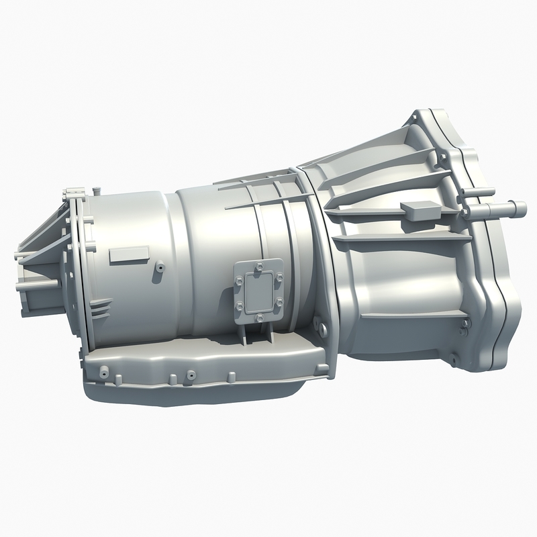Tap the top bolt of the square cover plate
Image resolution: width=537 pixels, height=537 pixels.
(x=257, y=266)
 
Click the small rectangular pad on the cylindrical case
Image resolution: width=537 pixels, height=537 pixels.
(x=129, y=254)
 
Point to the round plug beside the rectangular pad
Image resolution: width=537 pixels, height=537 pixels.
(x=161, y=266)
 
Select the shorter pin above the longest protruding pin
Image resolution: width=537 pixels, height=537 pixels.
(x=478, y=193)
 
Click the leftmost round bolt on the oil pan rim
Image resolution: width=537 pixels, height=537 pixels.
(x=103, y=371)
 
